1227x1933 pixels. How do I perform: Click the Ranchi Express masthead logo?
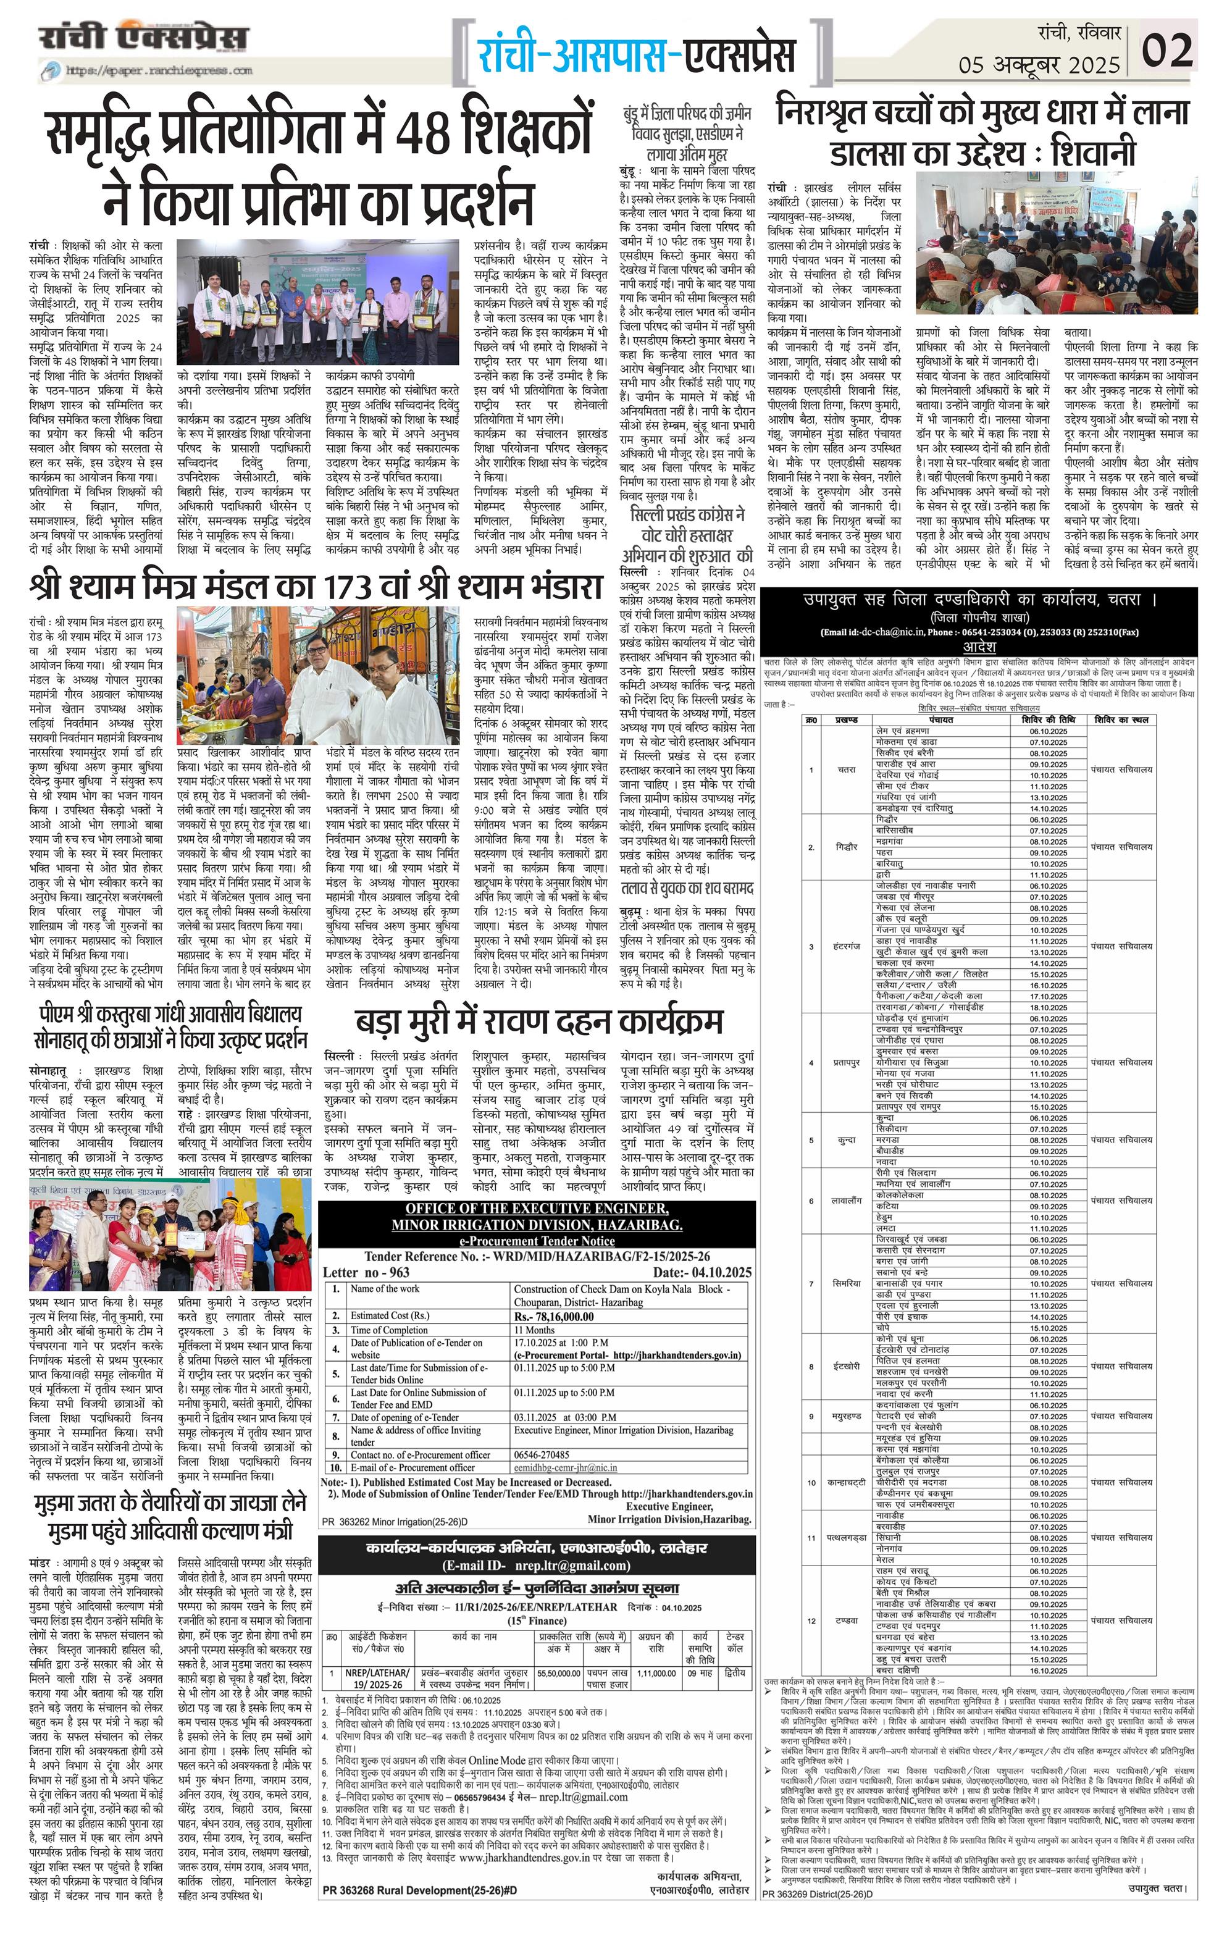click(144, 38)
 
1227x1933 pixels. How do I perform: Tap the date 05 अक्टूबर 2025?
click(1039, 64)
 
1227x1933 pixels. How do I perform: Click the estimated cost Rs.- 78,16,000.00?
click(554, 1317)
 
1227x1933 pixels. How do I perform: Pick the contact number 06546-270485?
click(542, 1454)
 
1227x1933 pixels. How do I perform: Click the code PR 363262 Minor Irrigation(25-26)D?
click(395, 1521)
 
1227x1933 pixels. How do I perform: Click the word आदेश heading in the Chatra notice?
click(979, 647)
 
